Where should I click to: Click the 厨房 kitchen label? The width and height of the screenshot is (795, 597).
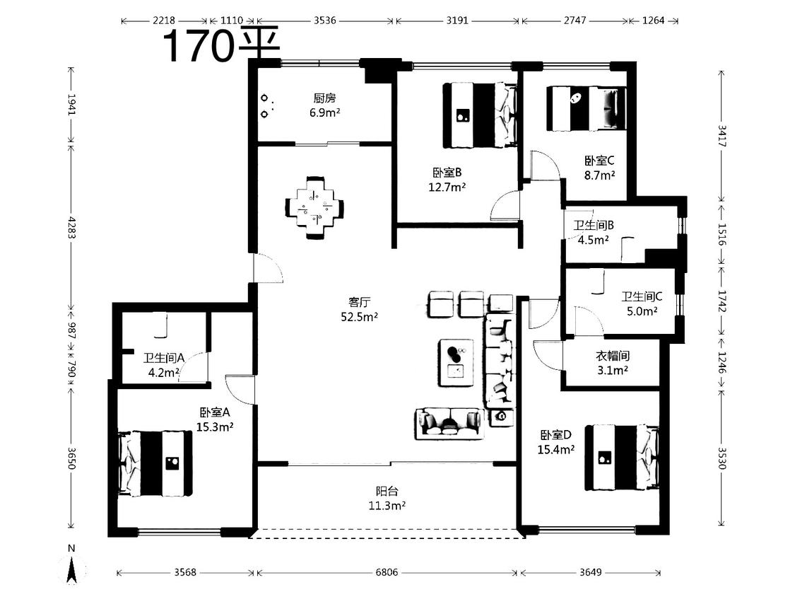tap(324, 98)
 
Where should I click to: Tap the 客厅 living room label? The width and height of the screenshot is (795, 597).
tap(360, 303)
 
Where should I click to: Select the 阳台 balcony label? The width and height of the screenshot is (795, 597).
tap(387, 491)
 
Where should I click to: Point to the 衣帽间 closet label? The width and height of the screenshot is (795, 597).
tap(613, 356)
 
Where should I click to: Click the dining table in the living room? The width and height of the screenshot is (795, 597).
tap(315, 207)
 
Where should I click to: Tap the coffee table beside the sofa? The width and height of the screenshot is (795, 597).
tap(456, 362)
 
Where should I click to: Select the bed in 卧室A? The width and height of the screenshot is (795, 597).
tap(155, 463)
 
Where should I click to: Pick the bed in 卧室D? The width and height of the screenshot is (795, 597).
tap(622, 458)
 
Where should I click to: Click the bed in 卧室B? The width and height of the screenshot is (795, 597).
tap(480, 116)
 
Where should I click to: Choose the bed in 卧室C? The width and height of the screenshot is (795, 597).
tap(586, 109)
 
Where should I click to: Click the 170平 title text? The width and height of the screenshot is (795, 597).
tap(221, 45)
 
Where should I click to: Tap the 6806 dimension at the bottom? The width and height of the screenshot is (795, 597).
tap(387, 573)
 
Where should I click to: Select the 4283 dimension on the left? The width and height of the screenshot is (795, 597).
tap(71, 228)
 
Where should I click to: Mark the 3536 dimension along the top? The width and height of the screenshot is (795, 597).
tap(324, 21)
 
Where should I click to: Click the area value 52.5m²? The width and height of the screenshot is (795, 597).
tap(360, 318)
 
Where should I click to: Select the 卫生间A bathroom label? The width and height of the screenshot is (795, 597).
tap(164, 358)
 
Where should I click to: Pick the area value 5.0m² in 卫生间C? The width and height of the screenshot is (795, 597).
tap(642, 311)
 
